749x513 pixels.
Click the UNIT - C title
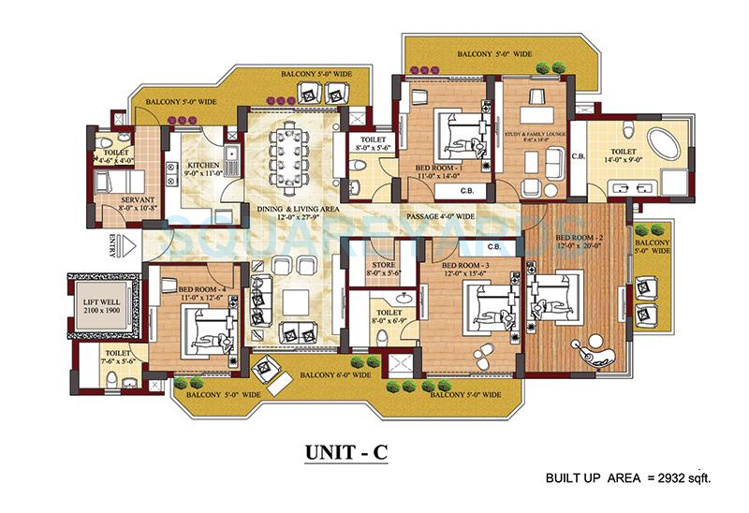pos(345,451)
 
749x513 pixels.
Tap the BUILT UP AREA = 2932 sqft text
pos(628,478)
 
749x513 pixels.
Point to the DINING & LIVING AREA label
pos(290,214)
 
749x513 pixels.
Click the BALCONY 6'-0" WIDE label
pos(335,375)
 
